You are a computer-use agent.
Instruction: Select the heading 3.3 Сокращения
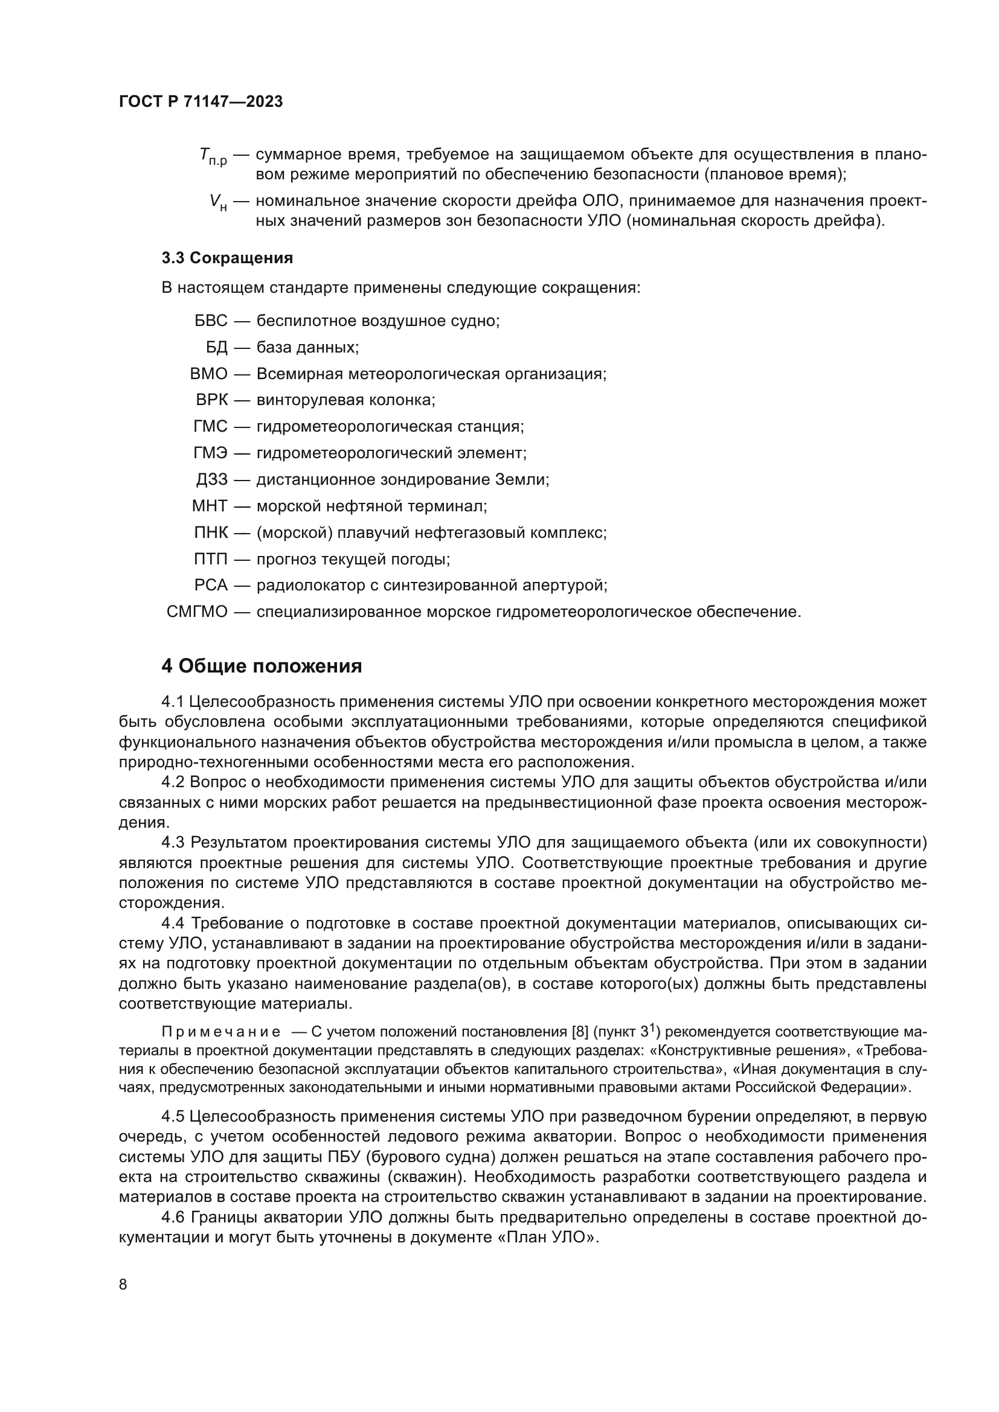(227, 258)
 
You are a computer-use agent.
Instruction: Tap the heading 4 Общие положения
(262, 666)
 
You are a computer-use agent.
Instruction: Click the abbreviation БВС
(211, 321)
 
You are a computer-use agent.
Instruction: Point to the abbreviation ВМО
(209, 374)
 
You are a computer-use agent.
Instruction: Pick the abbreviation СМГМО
(197, 613)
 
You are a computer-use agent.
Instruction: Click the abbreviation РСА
(211, 586)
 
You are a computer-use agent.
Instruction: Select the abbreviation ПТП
(211, 560)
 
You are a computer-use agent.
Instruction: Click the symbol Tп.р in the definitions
(213, 158)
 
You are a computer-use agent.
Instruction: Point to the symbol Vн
(218, 202)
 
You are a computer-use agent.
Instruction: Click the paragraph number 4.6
(174, 1217)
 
